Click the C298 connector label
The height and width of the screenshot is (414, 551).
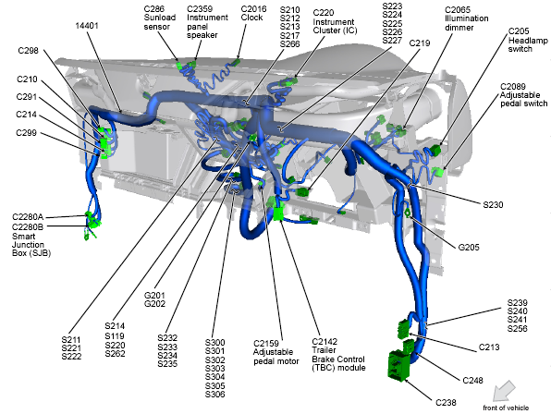[x=28, y=51]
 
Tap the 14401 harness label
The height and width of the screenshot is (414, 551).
[x=87, y=26]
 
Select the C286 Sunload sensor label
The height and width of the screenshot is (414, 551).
[x=160, y=18]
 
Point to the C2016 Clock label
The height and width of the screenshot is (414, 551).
[x=253, y=13]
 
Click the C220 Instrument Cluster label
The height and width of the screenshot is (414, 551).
[x=335, y=22]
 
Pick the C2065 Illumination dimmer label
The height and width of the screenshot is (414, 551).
[x=466, y=18]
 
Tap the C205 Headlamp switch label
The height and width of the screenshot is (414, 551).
[x=528, y=40]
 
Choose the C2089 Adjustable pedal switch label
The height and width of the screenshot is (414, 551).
[x=523, y=95]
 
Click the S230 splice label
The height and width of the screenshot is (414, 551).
[x=493, y=205]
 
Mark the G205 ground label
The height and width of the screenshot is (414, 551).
[x=469, y=248]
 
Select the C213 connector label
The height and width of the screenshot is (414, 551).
[x=489, y=347]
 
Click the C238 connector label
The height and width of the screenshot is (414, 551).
[x=446, y=402]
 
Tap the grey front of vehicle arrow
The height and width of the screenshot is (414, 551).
[x=504, y=391]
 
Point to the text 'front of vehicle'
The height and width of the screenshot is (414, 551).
[x=506, y=408]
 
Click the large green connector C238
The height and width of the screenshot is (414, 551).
[x=398, y=364]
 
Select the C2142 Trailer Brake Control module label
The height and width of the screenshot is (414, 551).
[x=338, y=355]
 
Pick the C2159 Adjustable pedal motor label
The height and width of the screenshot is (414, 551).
[x=276, y=352]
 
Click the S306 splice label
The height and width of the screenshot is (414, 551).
[x=215, y=394]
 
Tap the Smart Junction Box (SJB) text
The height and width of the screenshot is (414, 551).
[x=31, y=245]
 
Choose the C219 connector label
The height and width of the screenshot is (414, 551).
[x=420, y=43]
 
